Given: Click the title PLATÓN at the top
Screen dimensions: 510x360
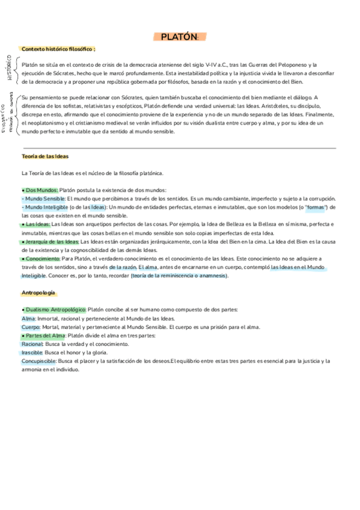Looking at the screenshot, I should (179, 37).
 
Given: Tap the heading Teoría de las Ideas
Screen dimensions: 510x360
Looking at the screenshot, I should (44, 156).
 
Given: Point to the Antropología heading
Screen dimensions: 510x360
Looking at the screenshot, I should (38, 292).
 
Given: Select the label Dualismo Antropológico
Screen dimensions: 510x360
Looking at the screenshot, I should (55, 310).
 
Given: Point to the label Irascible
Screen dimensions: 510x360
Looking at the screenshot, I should (32, 352).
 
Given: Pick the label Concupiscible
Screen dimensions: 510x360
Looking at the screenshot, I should (38, 361).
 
